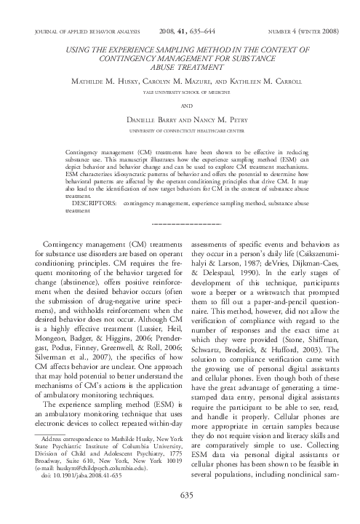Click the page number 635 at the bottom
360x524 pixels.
pos(180,516)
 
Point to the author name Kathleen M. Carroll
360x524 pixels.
pos(257,82)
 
